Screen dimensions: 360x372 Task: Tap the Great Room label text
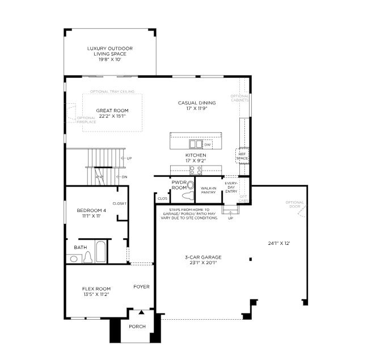tap(112, 113)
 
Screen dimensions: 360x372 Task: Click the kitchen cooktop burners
tap(196, 169)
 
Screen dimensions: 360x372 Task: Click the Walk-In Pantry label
tap(209, 190)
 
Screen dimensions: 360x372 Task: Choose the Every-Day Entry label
tap(231, 188)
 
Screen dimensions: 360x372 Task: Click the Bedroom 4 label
tap(91, 213)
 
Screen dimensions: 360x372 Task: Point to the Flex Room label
tap(96, 291)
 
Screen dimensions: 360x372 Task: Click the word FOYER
tap(141, 287)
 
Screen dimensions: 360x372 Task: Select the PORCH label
tap(137, 327)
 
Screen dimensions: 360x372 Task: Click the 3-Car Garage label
tap(202, 259)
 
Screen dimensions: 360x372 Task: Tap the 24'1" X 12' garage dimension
tap(279, 243)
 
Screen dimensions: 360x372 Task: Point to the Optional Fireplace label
tap(86, 120)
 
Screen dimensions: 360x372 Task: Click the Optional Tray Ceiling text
tap(112, 91)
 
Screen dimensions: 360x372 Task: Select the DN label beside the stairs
tap(124, 177)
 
